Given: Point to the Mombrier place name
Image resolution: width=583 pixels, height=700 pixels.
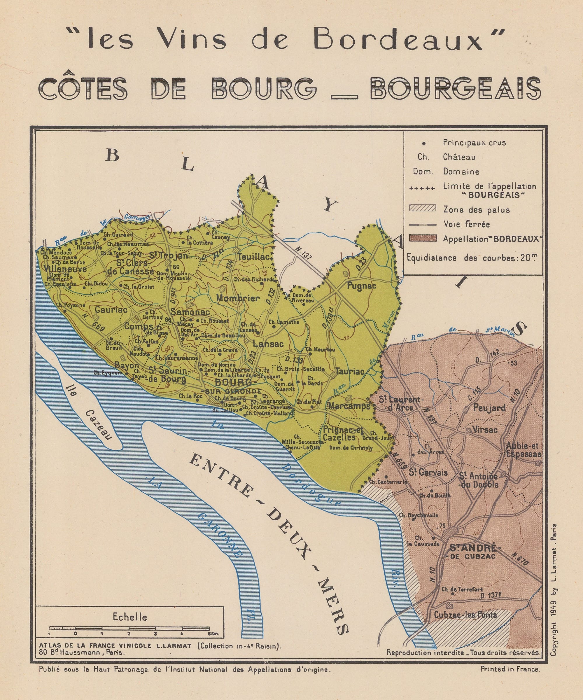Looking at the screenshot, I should tap(238, 298).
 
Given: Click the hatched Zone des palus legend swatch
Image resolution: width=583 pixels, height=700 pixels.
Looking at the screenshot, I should tap(422, 208).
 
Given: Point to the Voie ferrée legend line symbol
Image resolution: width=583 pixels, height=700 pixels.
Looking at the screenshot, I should tap(422, 224).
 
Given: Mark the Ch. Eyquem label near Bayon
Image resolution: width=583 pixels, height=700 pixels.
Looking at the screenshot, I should tap(108, 373).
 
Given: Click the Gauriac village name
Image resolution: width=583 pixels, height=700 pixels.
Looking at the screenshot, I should tap(111, 310).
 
